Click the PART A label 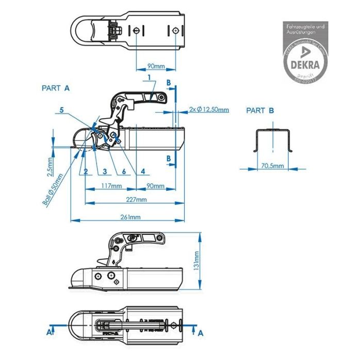55,88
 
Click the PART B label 260,110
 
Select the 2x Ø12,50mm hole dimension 208,110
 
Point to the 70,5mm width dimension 272,166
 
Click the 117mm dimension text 111,186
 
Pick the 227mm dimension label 136,199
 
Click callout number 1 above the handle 149,77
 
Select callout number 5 61,110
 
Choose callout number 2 86,171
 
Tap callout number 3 104,171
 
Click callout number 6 124,171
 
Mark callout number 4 142,171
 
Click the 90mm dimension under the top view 156,66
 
